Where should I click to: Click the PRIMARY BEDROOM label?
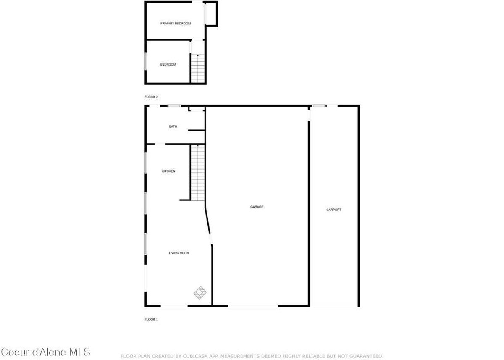(x=176, y=24)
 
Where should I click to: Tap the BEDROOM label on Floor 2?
(x=168, y=64)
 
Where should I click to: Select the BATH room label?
(x=173, y=126)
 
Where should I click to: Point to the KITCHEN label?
(x=168, y=171)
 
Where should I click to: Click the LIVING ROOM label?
(x=179, y=253)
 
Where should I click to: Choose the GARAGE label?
(x=257, y=207)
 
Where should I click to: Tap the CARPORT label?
(x=334, y=210)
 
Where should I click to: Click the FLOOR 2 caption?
(x=151, y=97)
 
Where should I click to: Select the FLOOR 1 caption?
(x=151, y=319)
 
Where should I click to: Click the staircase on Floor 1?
(x=198, y=172)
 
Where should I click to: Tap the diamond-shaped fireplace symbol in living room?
(x=200, y=293)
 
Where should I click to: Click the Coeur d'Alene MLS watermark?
(x=45, y=352)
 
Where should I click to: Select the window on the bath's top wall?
(x=174, y=106)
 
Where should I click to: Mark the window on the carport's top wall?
(x=319, y=106)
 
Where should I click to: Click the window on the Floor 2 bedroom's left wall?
(x=146, y=61)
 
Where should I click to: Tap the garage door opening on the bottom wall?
(x=253, y=306)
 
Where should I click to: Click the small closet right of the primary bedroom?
(x=212, y=14)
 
